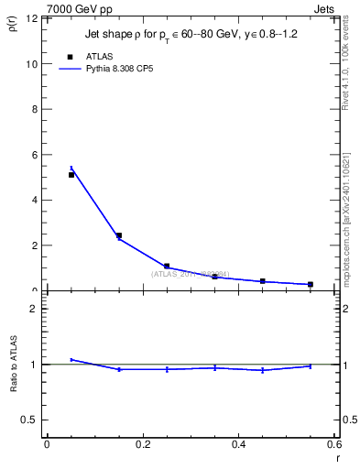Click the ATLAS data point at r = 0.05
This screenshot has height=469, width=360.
71,174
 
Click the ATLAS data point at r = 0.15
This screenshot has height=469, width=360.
119,235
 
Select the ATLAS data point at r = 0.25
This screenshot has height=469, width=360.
167,267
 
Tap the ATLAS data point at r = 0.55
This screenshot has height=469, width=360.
311,284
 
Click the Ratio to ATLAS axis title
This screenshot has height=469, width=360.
12,385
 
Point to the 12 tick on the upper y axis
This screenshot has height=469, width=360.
32,19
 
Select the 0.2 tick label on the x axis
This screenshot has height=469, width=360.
142,444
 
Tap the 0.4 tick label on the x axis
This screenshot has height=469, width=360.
238,444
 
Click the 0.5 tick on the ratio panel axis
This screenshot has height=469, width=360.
31,420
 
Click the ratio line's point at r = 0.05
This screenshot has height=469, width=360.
71,360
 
